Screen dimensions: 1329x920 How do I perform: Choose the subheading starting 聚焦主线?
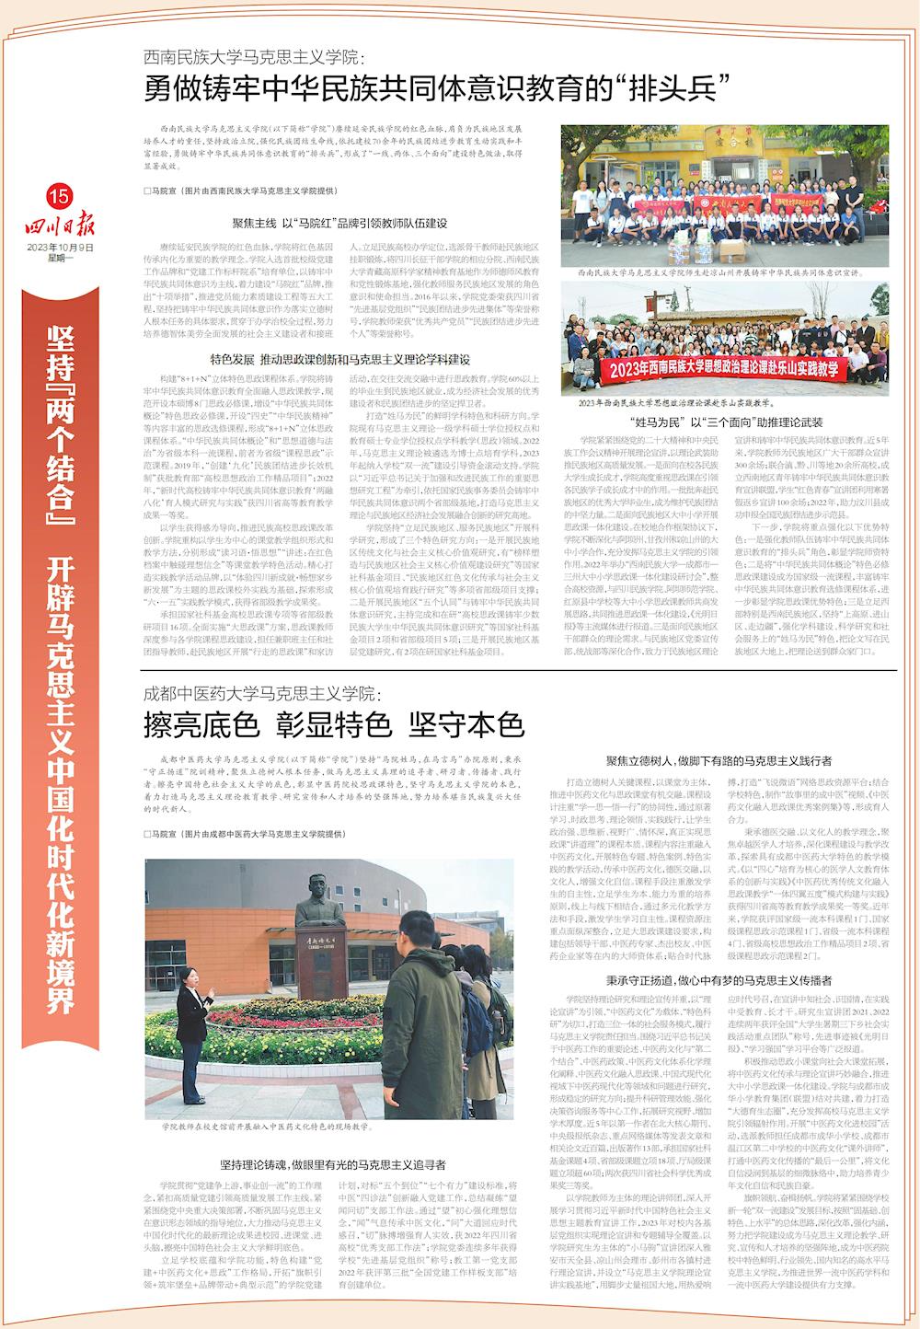(x=339, y=224)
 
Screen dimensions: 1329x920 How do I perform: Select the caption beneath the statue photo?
(x=266, y=1126)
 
